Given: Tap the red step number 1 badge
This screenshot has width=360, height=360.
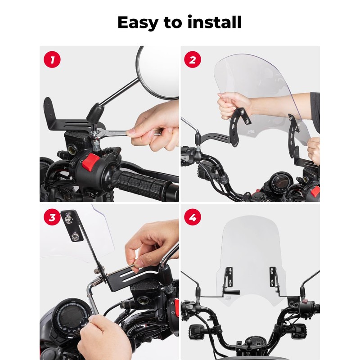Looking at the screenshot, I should pos(52,60).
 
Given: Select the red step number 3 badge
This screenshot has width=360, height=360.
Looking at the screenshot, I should pos(52,218).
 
